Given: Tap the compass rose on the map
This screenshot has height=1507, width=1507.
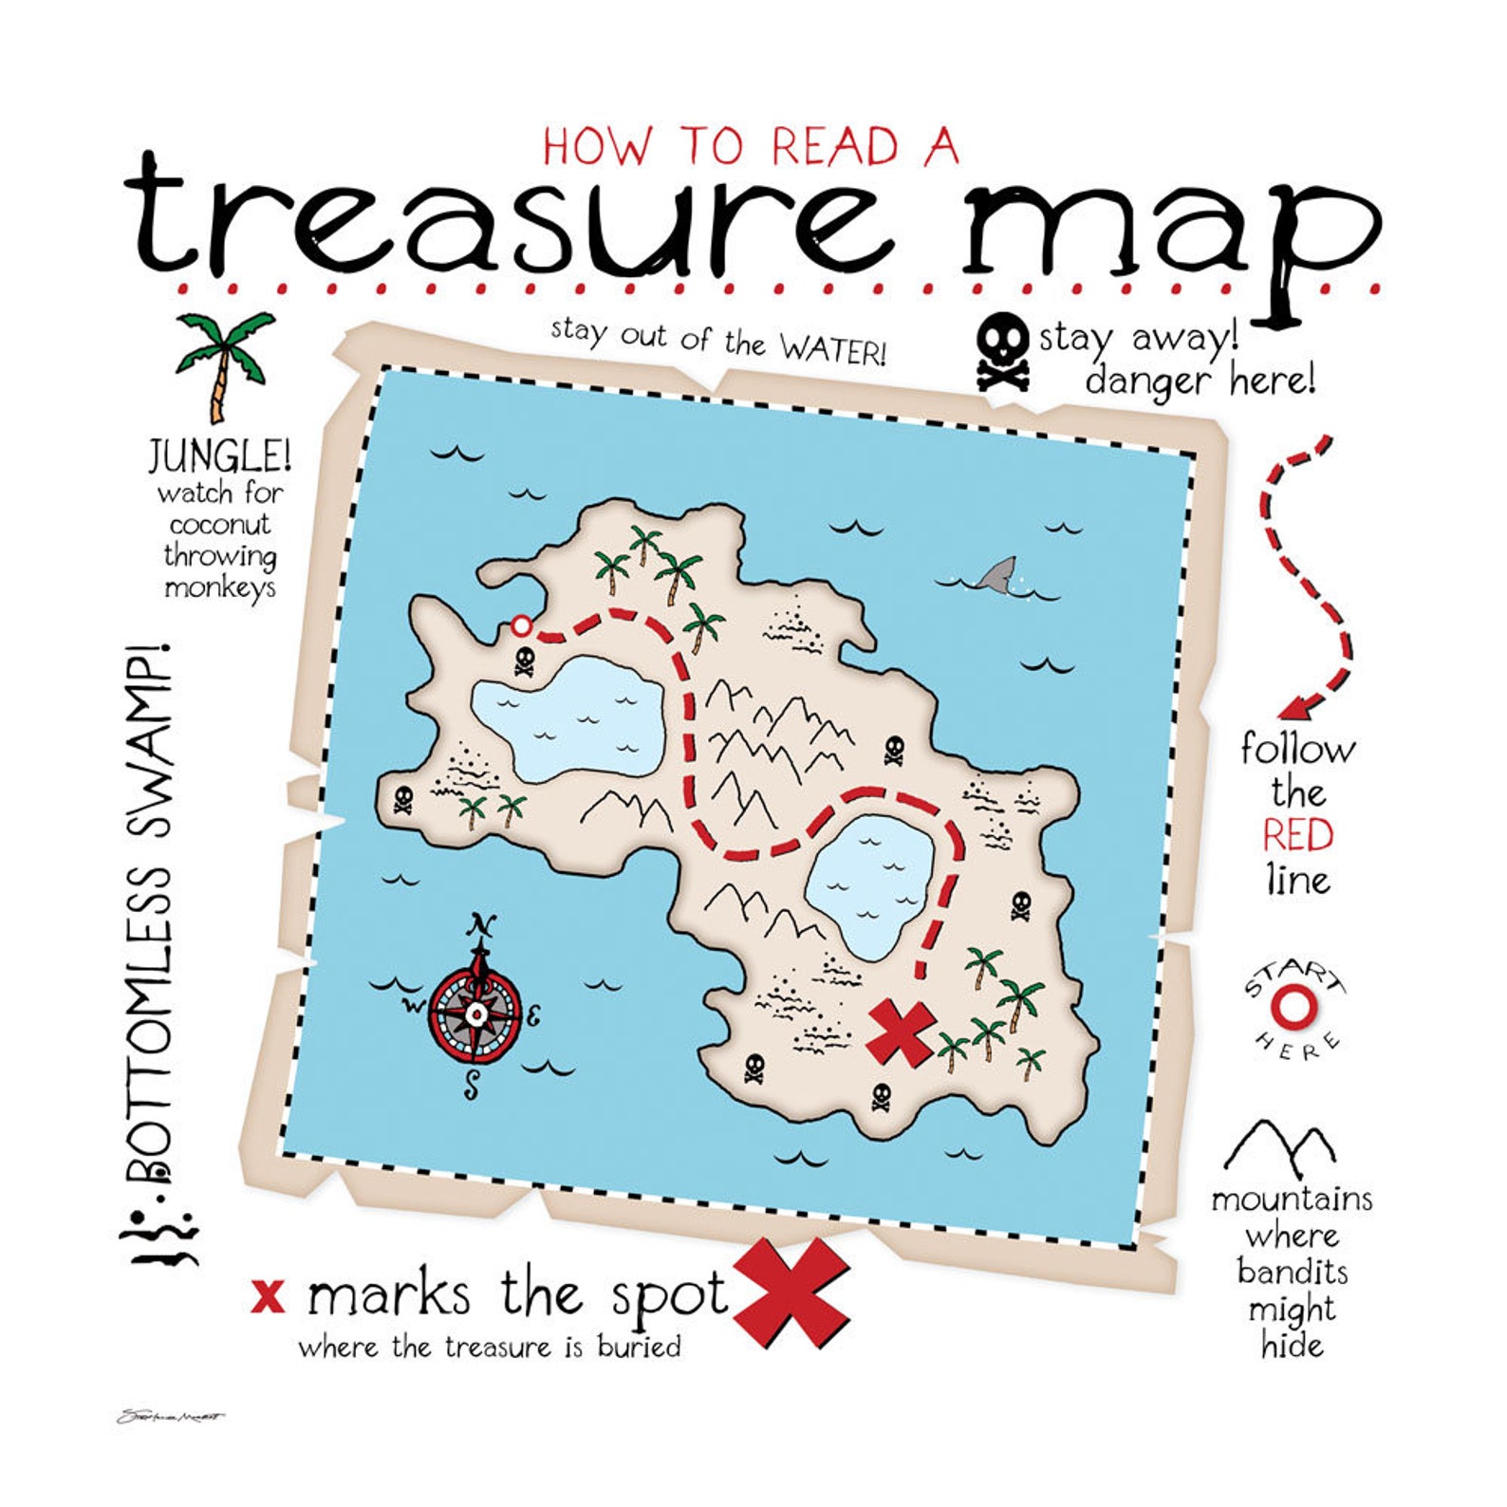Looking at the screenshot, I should click(x=476, y=1014).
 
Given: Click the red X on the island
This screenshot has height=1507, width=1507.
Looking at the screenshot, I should click(x=899, y=1033).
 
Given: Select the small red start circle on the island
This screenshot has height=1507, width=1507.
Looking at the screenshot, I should click(x=521, y=625).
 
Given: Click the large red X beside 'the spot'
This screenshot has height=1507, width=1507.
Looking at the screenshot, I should click(x=791, y=1293).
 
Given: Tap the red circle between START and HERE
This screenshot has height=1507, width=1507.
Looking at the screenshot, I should click(x=1293, y=1009).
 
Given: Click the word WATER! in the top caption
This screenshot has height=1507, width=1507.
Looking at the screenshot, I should click(x=833, y=349).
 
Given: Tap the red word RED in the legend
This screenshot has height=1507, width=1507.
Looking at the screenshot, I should click(x=1297, y=835).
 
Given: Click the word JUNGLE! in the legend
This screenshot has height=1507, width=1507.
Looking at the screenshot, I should click(x=219, y=457).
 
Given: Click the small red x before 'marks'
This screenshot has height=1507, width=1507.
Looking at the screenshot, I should click(x=269, y=1295).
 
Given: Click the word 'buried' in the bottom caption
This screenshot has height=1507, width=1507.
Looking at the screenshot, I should click(x=639, y=1348).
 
